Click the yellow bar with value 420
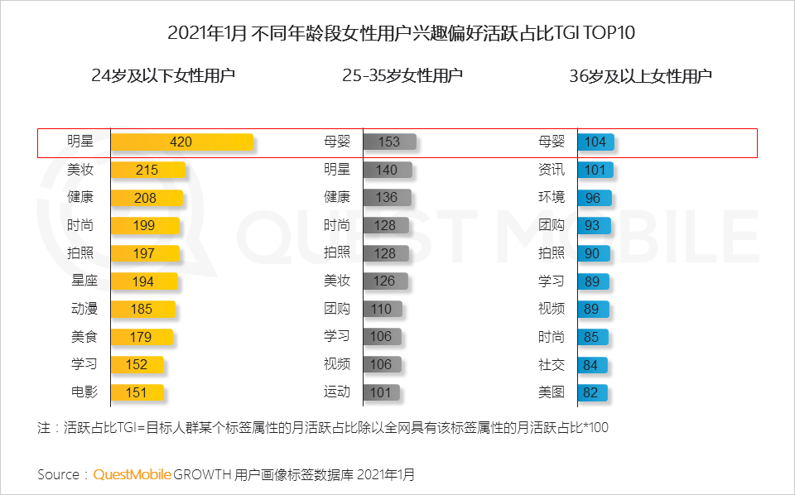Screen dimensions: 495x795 click(x=181, y=142)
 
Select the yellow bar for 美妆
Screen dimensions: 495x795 click(x=147, y=170)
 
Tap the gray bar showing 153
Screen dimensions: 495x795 click(x=388, y=142)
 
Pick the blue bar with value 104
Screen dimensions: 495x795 click(x=595, y=142)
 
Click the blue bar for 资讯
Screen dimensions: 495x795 click(x=595, y=170)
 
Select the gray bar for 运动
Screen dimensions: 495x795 click(x=381, y=392)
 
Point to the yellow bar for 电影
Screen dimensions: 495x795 click(x=137, y=392)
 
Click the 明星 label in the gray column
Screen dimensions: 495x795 click(x=337, y=170)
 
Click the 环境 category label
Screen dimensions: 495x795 click(x=552, y=198)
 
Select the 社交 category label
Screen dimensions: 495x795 click(x=552, y=364)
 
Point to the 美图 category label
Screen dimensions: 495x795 click(x=552, y=392)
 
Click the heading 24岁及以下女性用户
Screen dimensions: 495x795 click(x=163, y=76)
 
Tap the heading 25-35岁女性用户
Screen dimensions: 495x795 click(x=402, y=76)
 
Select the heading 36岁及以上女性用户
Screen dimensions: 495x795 click(x=641, y=76)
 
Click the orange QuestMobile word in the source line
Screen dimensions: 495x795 click(x=132, y=474)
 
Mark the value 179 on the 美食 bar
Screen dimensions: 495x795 click(x=141, y=337)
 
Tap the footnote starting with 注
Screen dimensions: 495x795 click(x=323, y=427)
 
